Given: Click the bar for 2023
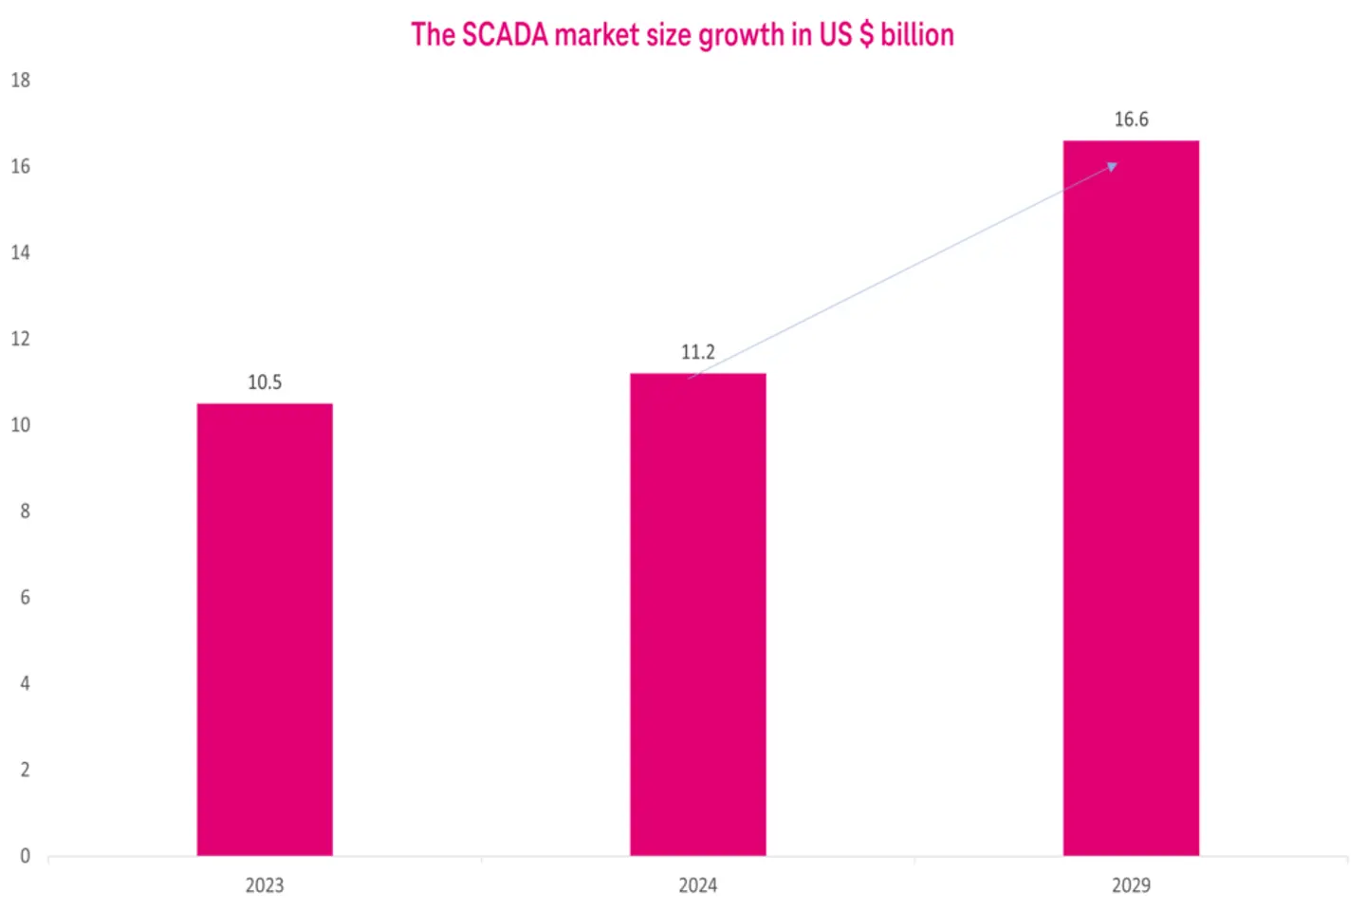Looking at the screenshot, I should [265, 629].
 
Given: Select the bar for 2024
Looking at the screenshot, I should [697, 614].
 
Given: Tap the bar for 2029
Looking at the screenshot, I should [1131, 498].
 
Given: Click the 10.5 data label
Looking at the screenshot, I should [265, 382].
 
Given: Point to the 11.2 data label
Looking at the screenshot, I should [697, 352].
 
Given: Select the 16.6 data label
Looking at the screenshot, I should [1131, 120].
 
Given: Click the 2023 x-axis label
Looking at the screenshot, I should [265, 885].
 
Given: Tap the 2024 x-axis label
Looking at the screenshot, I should [697, 885].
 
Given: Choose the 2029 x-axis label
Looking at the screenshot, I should [1131, 885].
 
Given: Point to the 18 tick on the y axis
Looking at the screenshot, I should [20, 81].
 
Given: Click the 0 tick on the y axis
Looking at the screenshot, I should [25, 856].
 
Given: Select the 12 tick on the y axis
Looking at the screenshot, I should [20, 339].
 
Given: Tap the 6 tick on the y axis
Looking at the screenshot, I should [25, 598].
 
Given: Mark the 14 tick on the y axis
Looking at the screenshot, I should [20, 252].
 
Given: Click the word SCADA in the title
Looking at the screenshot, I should [505, 35].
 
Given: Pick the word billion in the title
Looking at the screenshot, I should [916, 35].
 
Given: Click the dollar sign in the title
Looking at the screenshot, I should [865, 35].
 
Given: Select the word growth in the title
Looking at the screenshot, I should [741, 35].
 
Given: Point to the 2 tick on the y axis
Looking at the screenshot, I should [25, 770].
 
